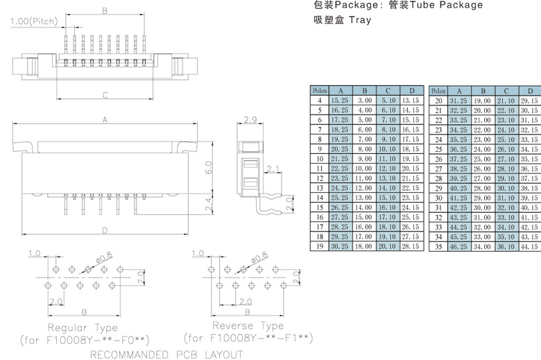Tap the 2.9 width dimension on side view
[250, 121]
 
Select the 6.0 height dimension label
[207, 167]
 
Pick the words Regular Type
[83, 327]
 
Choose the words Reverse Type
[248, 326]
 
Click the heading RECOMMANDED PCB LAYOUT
[166, 355]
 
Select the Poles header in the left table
[320, 91]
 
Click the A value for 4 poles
[340, 101]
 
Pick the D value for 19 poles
[411, 246]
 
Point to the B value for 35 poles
[482, 246]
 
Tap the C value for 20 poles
[506, 101]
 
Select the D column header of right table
[530, 91]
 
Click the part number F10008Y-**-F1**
[248, 338]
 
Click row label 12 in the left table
[320, 178]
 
